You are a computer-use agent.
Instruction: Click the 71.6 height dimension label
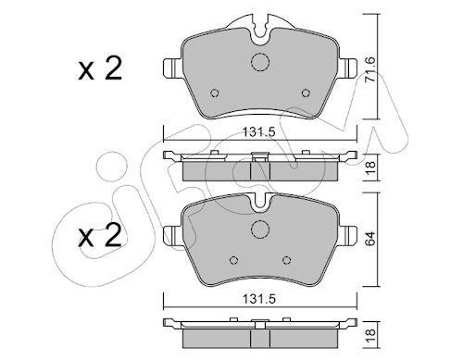(370, 69)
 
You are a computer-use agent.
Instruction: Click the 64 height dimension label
(370, 238)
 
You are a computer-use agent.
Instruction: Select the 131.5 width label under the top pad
(258, 132)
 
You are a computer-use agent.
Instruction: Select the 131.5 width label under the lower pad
(258, 299)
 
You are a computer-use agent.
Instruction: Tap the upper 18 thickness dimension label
(370, 168)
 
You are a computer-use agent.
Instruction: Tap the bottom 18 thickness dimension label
(370, 335)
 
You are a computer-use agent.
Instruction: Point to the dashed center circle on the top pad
(260, 63)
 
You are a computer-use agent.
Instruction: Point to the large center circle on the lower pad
(260, 230)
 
